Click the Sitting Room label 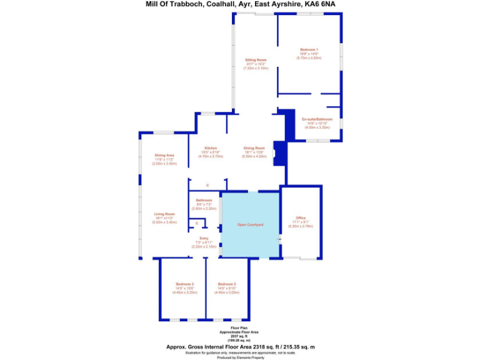tap(256, 60)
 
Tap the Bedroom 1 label tap(309, 49)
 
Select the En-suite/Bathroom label tap(317, 119)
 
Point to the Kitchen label tap(210, 147)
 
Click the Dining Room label tap(254, 147)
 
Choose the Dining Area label tap(164, 155)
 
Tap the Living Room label tap(164, 214)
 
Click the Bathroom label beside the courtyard tap(204, 200)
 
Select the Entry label tap(204, 238)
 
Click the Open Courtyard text tap(250, 224)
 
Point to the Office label tap(301, 217)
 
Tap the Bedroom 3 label tap(184, 284)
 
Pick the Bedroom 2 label tap(226, 284)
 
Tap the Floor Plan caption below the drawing tap(239, 326)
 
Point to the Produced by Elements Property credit tap(239, 357)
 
